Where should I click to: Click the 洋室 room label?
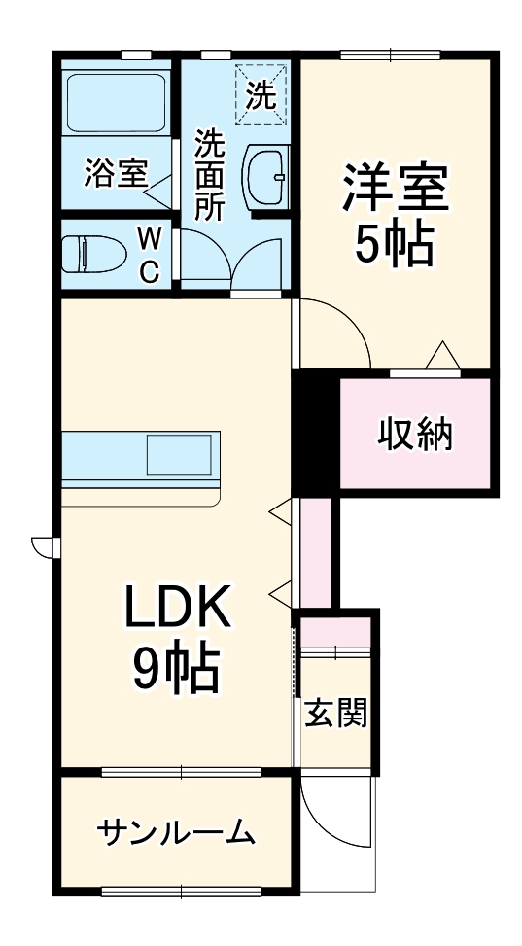pyautogui.click(x=395, y=188)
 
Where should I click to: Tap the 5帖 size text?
pyautogui.click(x=394, y=244)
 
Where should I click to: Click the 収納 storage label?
pyautogui.click(x=415, y=435)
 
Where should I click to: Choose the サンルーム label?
pyautogui.click(x=176, y=832)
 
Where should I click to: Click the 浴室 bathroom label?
pyautogui.click(x=115, y=174)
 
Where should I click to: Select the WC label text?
pyautogui.click(x=149, y=255)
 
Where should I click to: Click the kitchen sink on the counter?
pyautogui.click(x=179, y=455)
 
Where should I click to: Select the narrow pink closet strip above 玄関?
pyautogui.click(x=315, y=554)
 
